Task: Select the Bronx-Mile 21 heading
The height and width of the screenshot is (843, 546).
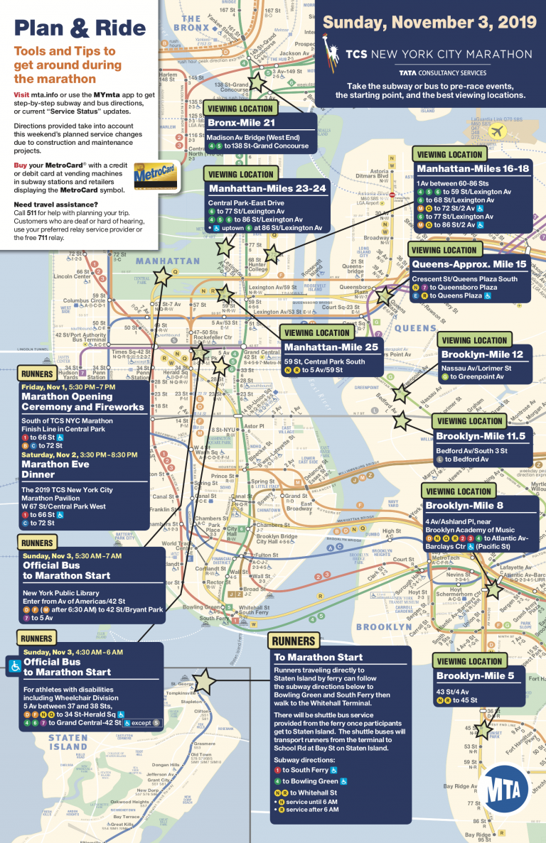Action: click(240, 123)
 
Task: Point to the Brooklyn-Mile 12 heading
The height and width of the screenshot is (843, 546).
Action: click(482, 354)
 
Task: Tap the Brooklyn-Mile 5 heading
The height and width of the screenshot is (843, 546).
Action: click(475, 675)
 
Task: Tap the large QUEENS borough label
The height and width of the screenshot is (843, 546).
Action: click(415, 328)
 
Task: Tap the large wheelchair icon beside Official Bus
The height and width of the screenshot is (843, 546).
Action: click(14, 666)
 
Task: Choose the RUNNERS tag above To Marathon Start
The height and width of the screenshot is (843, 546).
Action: click(293, 641)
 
